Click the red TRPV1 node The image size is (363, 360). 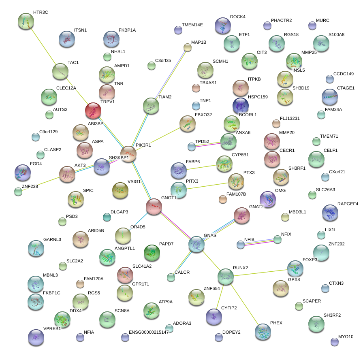pos(93,111)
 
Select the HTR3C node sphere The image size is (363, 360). pos(26,21)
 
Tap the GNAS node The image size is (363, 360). pos(196,245)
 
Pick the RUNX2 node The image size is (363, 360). pos(225,277)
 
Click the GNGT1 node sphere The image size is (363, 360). pos(154,207)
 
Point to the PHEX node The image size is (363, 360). pos(263,332)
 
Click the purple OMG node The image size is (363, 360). pos(268,199)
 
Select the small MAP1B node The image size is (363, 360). pos(187,48)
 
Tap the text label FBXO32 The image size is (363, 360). pos(203,115)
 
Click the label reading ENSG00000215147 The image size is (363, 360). pos(148,332)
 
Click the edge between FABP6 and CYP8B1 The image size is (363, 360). pos(201,167)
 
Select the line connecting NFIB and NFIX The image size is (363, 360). pos(259,242)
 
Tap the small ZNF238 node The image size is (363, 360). pos(18,192)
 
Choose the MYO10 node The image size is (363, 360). pos(335,342)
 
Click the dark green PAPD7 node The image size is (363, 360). pos(152,253)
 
